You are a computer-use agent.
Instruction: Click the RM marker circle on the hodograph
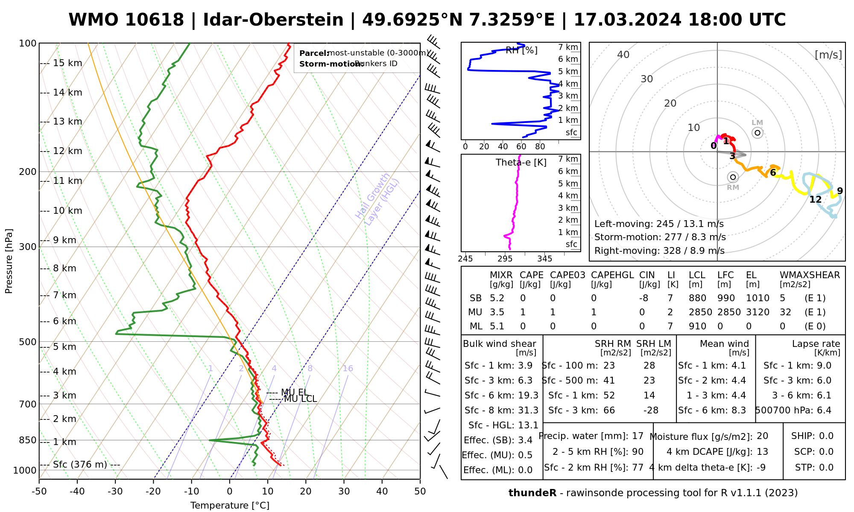(x=733, y=177)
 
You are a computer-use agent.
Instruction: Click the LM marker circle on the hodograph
(x=757, y=133)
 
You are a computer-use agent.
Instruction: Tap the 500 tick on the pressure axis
(x=28, y=342)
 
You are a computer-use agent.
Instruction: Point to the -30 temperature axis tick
(x=115, y=492)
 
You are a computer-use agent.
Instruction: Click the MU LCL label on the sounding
(x=300, y=399)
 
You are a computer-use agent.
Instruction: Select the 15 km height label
(x=67, y=64)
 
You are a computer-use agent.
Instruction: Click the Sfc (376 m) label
(x=80, y=465)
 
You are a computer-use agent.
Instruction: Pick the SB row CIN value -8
(x=644, y=298)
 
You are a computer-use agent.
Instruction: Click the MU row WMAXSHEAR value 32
(x=785, y=312)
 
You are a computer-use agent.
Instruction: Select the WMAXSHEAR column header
(x=810, y=275)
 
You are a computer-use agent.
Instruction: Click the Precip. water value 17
(x=638, y=436)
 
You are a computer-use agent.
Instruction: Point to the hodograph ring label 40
(x=623, y=55)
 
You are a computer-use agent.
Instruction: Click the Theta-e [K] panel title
(x=521, y=163)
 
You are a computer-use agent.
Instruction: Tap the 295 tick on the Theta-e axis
(x=505, y=259)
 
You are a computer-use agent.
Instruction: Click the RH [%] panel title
(x=521, y=50)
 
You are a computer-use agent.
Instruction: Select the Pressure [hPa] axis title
(x=9, y=261)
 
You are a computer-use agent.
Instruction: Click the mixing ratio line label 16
(x=348, y=369)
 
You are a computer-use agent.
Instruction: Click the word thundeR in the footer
(x=532, y=493)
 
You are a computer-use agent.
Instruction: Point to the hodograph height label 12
(x=815, y=199)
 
